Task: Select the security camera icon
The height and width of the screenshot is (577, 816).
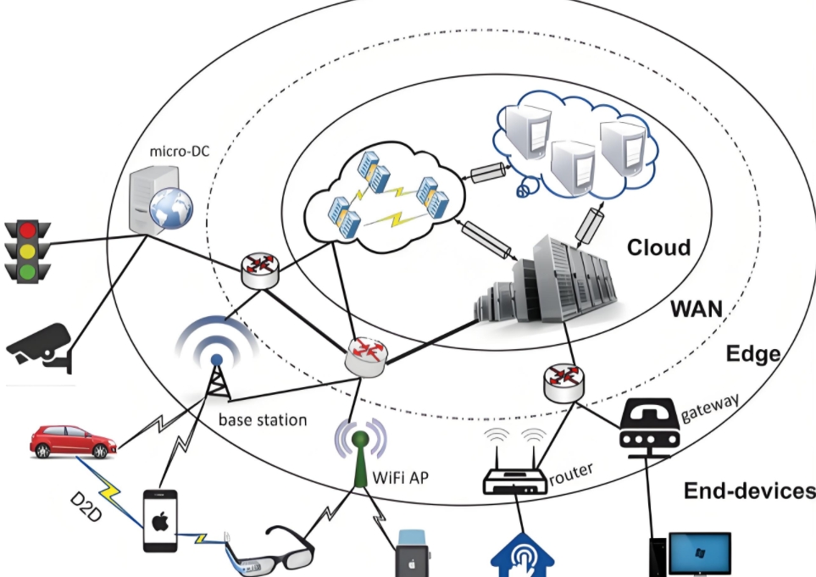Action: [38, 343]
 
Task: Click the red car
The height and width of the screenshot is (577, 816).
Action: [72, 441]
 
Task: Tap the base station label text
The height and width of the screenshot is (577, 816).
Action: [263, 419]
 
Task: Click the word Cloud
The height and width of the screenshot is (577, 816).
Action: [658, 247]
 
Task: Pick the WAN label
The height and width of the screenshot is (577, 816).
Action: [696, 308]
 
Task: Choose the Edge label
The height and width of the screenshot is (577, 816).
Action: [752, 353]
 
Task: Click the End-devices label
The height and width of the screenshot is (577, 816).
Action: [749, 491]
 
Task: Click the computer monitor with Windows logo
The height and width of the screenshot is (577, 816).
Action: [699, 554]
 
